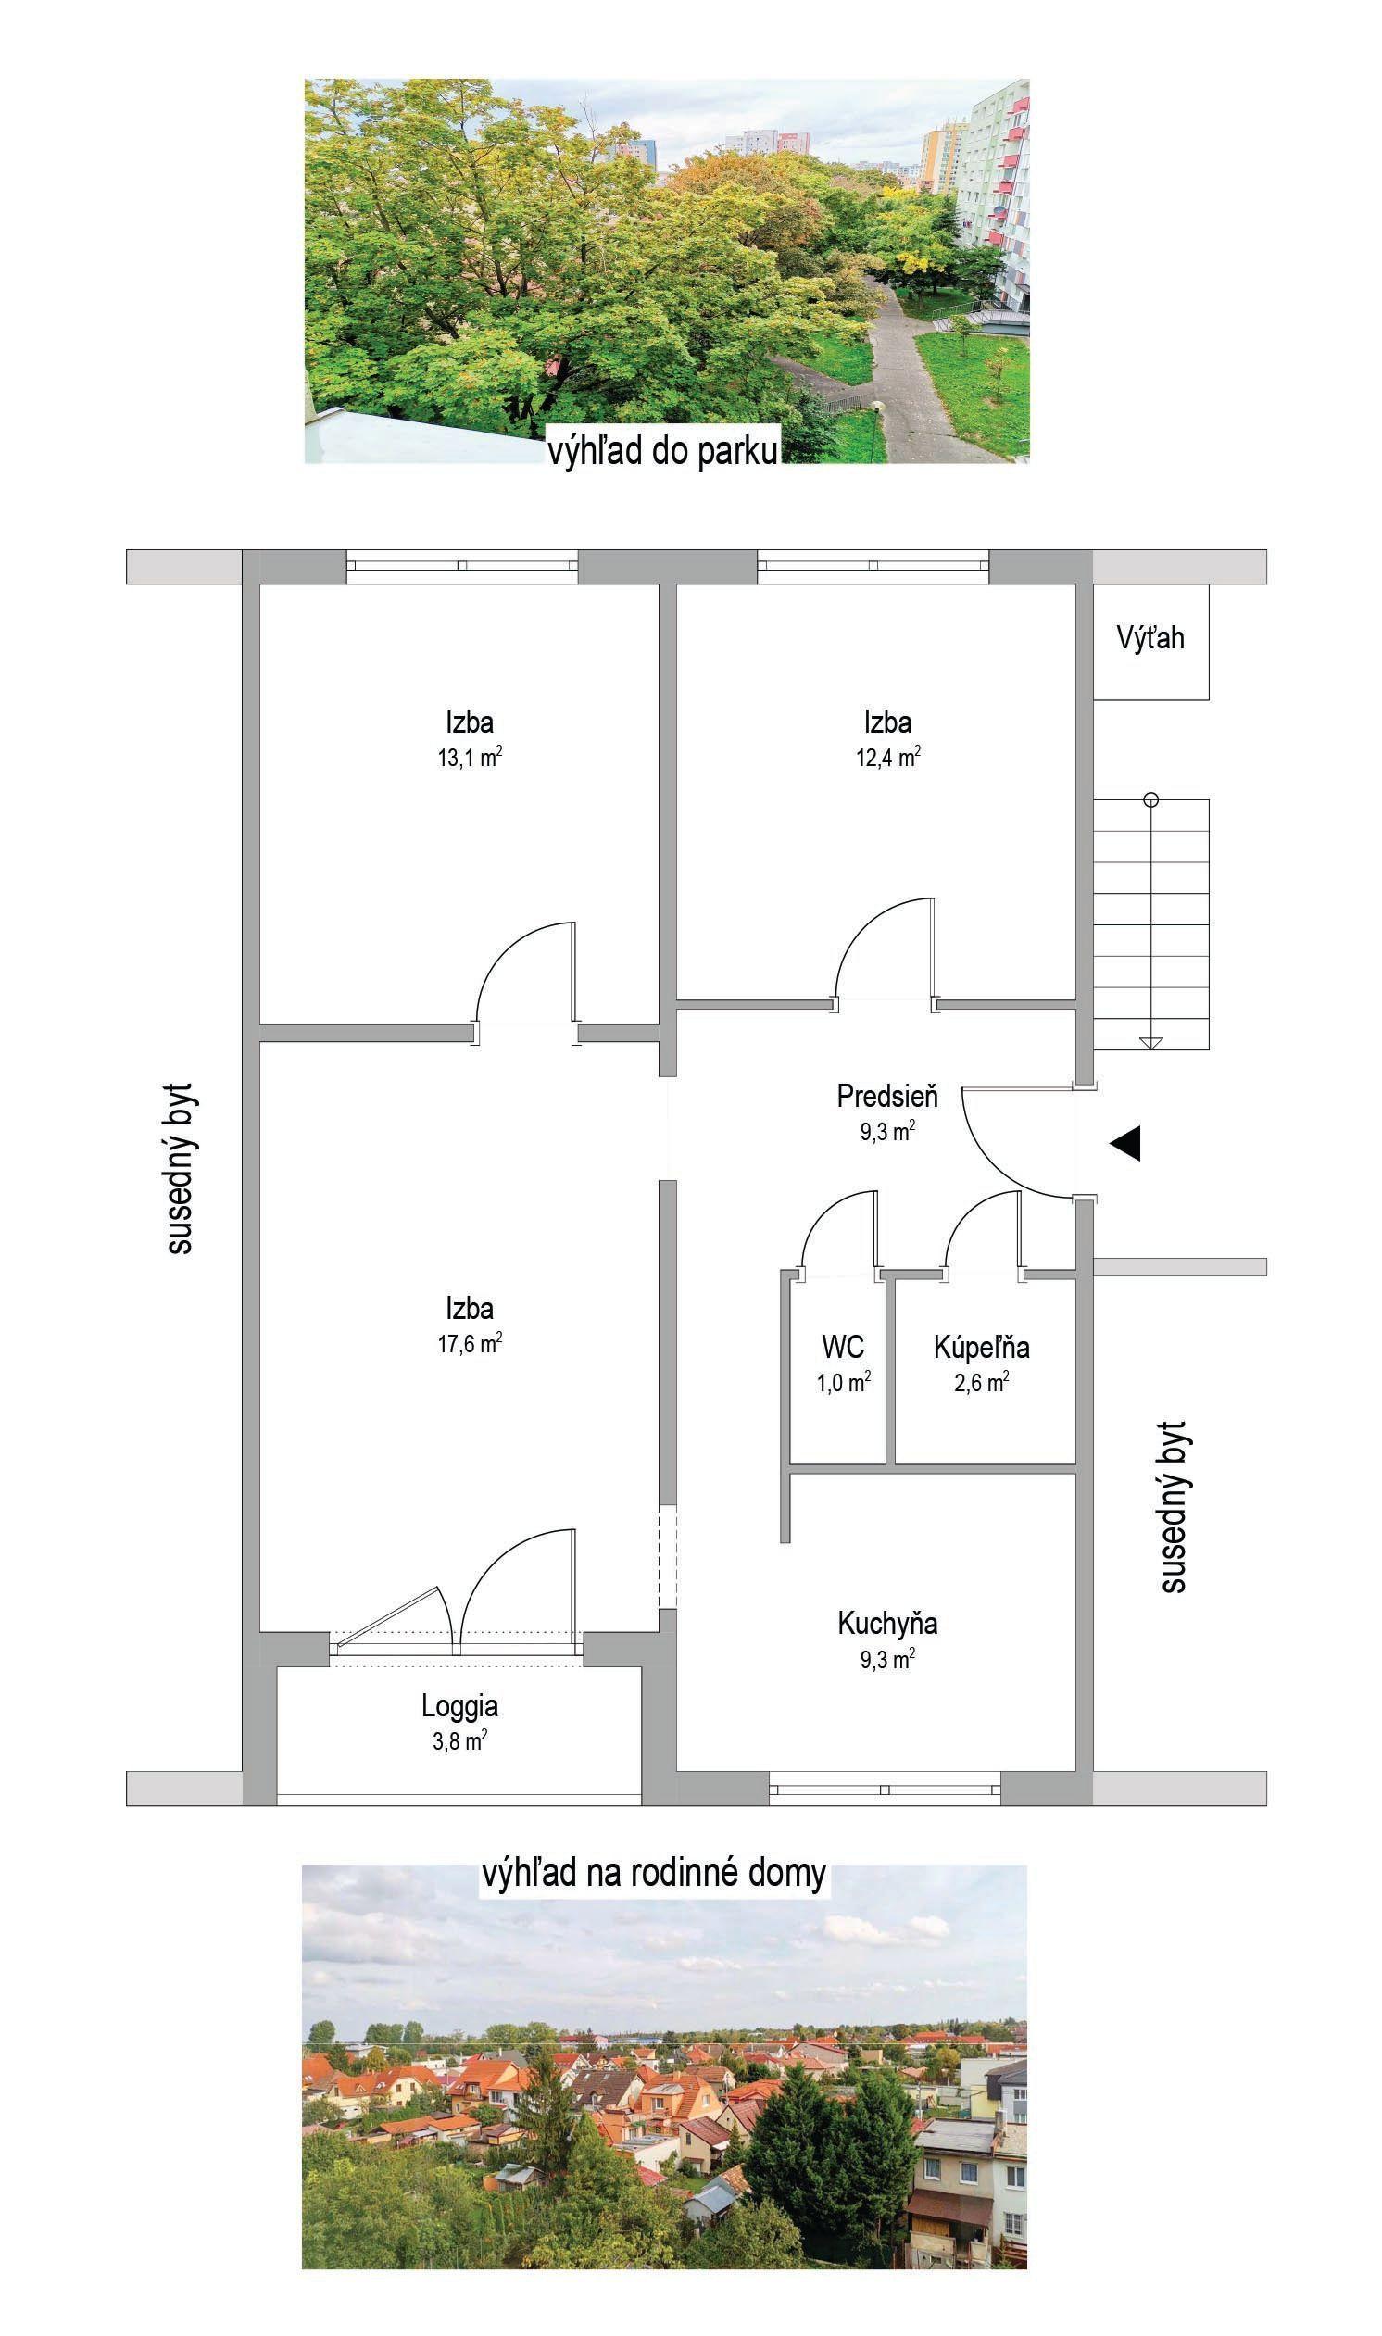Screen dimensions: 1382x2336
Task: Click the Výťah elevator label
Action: pyautogui.click(x=1150, y=638)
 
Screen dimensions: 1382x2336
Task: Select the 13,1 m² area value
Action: pyautogui.click(x=471, y=756)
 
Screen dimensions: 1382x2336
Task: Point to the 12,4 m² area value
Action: pyautogui.click(x=888, y=756)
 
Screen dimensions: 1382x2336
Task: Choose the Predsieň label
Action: pyautogui.click(x=887, y=1096)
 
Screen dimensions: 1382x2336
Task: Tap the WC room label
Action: pyautogui.click(x=843, y=1346)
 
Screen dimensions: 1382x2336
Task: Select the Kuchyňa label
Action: pyautogui.click(x=887, y=1624)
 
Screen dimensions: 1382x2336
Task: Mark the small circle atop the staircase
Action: pyautogui.click(x=1151, y=798)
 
